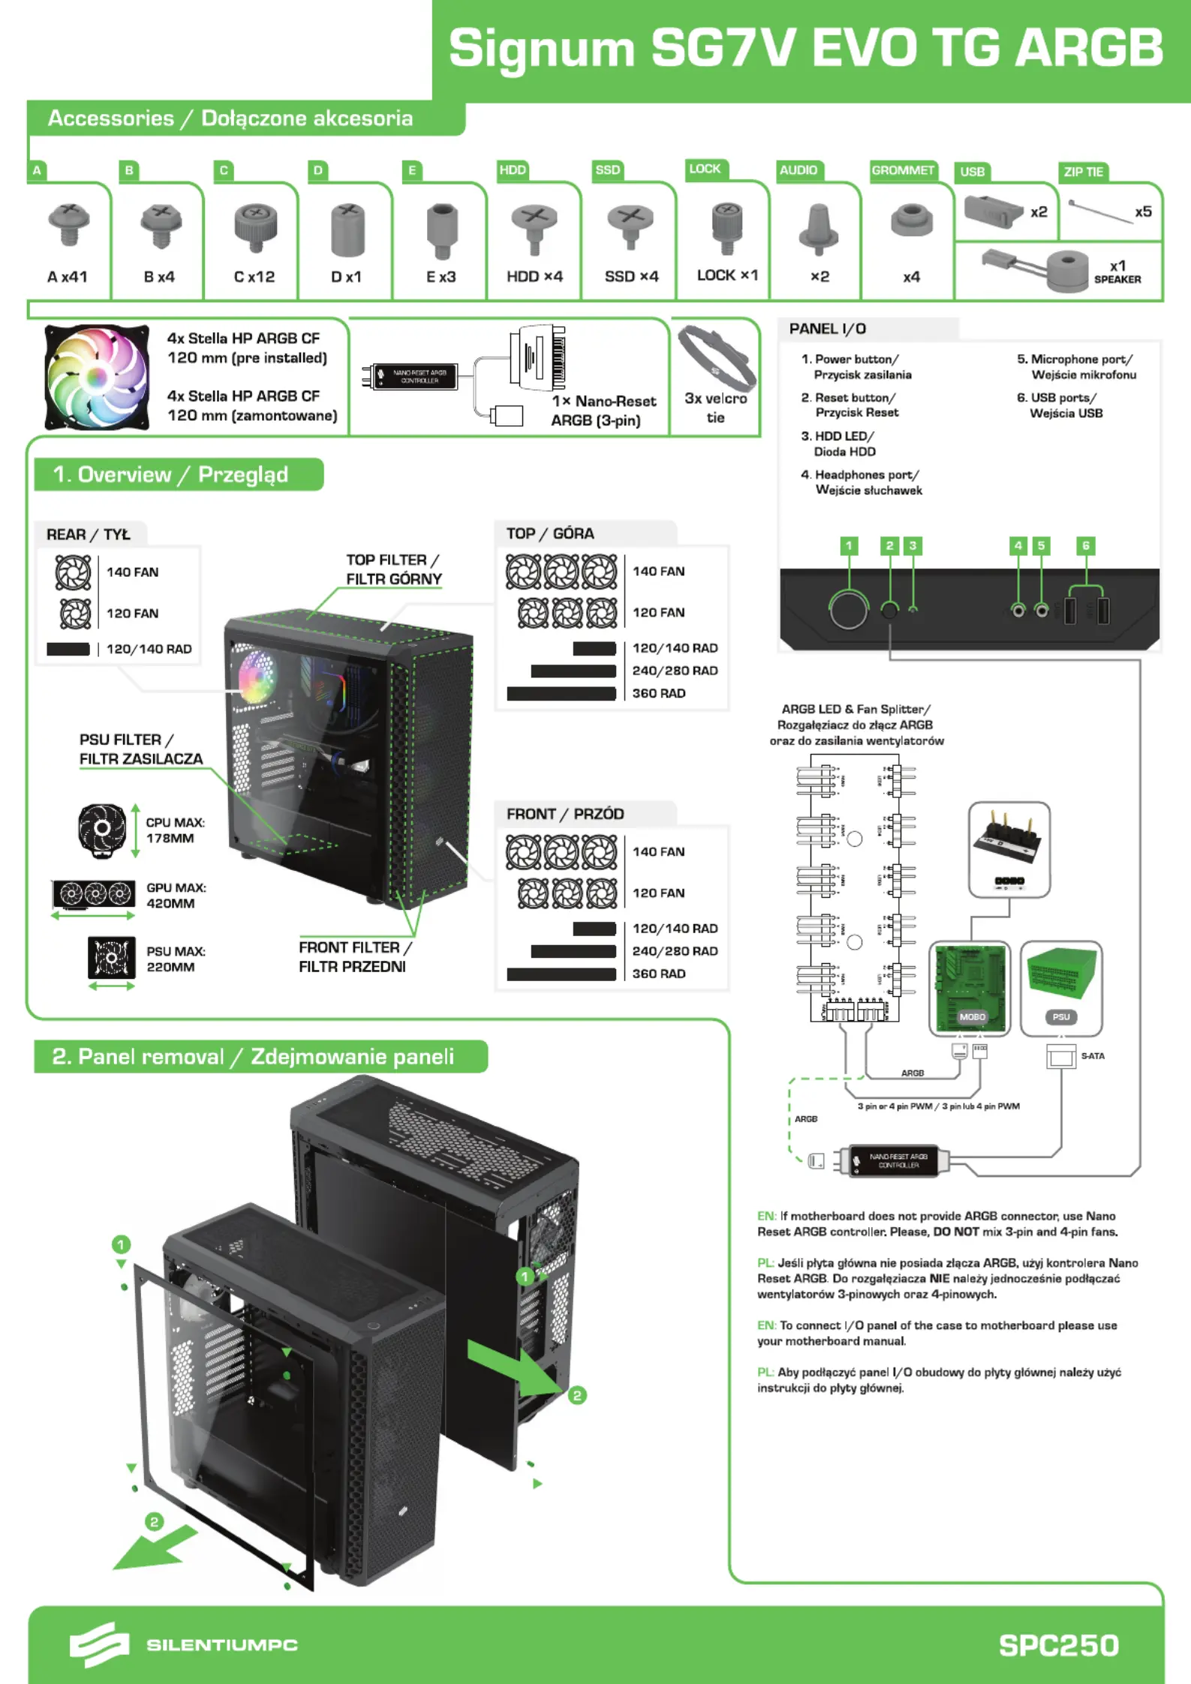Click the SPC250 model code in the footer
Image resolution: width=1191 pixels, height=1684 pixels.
(1058, 1645)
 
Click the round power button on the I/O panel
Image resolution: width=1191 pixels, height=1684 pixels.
(849, 609)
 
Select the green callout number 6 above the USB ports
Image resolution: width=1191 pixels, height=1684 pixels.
(1085, 546)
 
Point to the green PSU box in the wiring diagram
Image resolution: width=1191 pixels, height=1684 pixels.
(1061, 975)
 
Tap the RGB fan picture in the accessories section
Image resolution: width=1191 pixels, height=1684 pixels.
(97, 377)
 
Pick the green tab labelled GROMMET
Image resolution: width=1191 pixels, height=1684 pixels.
(903, 170)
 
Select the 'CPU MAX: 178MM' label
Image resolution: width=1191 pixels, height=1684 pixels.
(175, 830)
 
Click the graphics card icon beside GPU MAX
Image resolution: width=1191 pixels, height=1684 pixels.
(94, 893)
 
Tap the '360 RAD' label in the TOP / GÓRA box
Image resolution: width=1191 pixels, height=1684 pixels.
(658, 693)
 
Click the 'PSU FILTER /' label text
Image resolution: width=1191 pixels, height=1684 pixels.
(126, 740)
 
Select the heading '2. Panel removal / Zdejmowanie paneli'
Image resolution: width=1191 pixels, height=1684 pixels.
(253, 1056)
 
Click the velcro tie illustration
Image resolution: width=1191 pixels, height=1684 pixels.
(716, 356)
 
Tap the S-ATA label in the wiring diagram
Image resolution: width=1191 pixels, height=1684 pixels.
(1092, 1056)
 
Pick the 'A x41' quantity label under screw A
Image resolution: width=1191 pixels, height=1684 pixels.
(68, 277)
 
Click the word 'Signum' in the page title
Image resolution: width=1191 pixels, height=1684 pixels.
(542, 49)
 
